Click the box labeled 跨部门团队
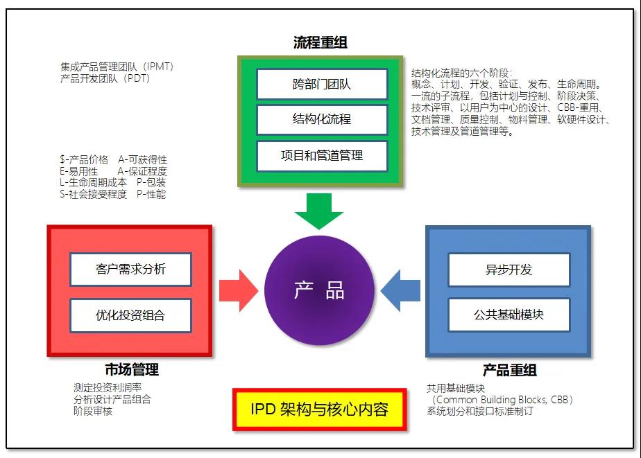tap(321, 85)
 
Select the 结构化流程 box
tap(321, 119)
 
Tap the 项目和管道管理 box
tap(321, 155)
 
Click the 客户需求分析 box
tap(130, 269)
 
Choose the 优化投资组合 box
tap(130, 315)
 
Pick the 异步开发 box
tap(508, 270)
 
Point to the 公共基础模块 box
tap(508, 315)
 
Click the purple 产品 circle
tap(319, 290)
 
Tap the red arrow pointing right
tap(238, 290)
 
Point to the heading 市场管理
tap(132, 370)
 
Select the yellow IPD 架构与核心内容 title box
tap(319, 409)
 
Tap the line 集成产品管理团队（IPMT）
tap(117, 67)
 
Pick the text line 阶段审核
tap(93, 411)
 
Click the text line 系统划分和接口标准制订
tap(480, 411)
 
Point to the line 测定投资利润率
tap(108, 388)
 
